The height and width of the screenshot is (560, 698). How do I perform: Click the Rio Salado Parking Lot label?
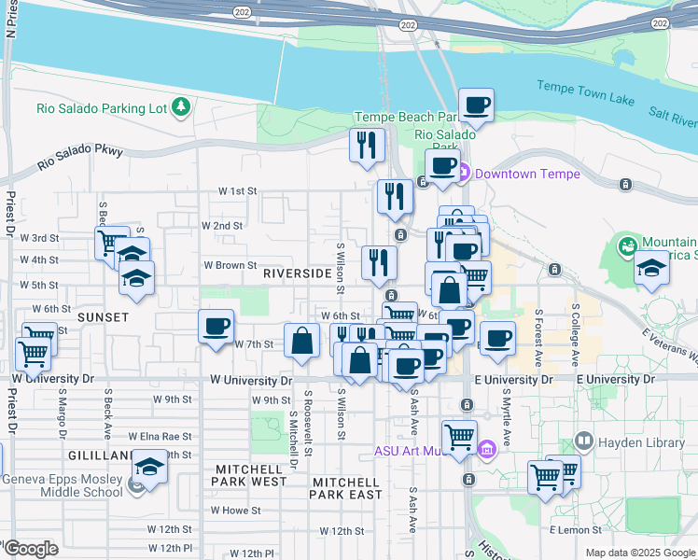point(102,107)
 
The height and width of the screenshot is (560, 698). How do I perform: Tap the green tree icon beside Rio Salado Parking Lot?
point(181,107)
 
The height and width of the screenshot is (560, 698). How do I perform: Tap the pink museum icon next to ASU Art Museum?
point(486,451)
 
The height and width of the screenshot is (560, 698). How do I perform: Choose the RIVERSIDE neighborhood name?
point(297,273)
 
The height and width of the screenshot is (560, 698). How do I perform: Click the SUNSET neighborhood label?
point(104,317)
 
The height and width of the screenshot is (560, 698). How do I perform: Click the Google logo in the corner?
point(32,549)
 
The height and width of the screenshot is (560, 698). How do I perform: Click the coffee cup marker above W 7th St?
point(216,328)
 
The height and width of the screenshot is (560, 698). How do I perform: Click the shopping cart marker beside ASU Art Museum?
point(459,437)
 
